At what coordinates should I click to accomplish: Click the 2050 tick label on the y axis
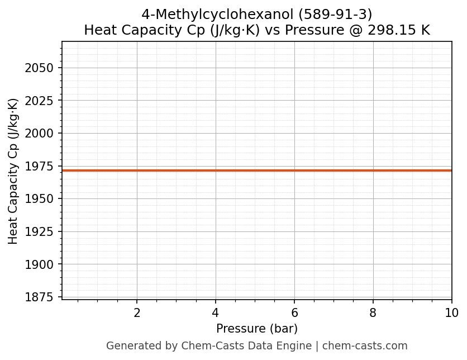tap(39, 68)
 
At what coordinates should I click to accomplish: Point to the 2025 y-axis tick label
tap(39, 101)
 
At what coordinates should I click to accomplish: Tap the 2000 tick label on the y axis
tap(39, 134)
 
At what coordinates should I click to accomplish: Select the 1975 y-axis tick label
tap(39, 167)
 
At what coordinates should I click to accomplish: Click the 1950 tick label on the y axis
tap(39, 199)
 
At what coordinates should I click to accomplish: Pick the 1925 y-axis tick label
tap(39, 232)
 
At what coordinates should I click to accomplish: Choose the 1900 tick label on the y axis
tap(39, 264)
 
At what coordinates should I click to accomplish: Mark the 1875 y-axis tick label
tap(39, 297)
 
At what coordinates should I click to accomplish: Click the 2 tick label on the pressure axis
tap(137, 313)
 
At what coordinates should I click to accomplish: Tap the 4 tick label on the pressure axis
tap(216, 313)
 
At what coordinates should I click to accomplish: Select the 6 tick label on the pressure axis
tap(294, 313)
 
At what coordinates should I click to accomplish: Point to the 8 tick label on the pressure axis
tap(373, 313)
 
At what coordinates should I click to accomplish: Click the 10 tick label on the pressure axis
tap(451, 313)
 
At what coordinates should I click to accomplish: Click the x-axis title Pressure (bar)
tap(257, 329)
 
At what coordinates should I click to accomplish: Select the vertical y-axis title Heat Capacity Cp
tap(13, 170)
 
